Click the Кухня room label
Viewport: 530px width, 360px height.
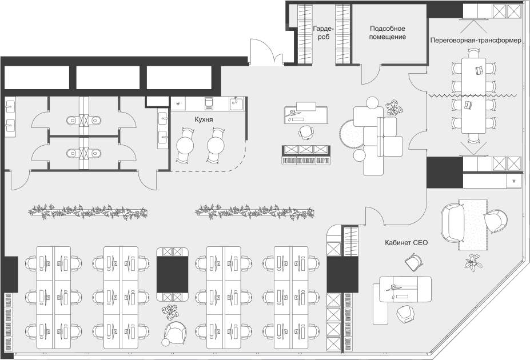point(204,119)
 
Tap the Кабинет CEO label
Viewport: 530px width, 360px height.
point(406,242)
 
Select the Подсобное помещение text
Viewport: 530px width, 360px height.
point(388,33)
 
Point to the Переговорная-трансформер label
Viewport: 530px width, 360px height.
point(476,40)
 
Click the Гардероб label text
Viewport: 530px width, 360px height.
point(324,33)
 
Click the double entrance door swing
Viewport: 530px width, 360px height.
point(266,51)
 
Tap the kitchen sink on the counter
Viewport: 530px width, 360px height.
point(237,103)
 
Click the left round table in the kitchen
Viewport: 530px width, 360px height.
point(185,146)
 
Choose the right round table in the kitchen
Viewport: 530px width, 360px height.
point(216,146)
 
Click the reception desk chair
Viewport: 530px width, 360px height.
point(306,131)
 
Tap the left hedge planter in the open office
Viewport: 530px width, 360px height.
point(88,212)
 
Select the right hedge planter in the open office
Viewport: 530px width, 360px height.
point(254,212)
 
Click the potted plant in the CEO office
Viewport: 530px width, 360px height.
point(473,262)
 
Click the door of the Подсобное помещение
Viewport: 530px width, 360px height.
point(371,74)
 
